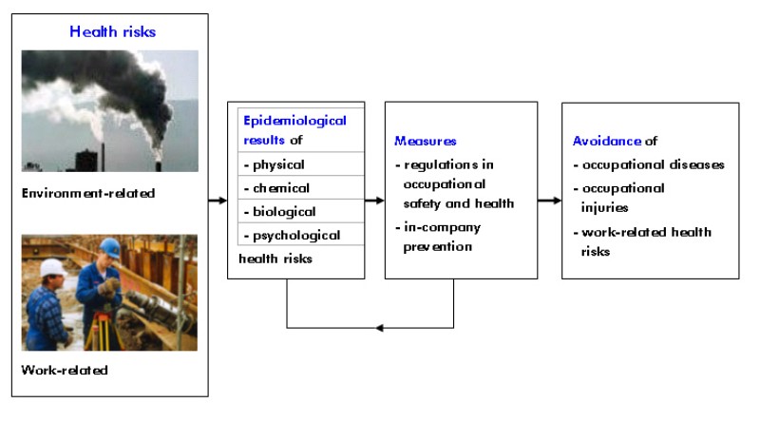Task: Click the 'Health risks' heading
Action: pos(112,31)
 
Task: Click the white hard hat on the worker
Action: pos(53,268)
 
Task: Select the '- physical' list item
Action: pos(275,164)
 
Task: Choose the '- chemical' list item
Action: pos(277,188)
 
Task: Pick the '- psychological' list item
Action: pos(292,235)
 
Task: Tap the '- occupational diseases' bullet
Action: pos(649,164)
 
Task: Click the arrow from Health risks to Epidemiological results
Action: pos(218,201)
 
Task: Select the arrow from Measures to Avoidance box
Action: pos(549,201)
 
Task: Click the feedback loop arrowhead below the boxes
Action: pos(380,328)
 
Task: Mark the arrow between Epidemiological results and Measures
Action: pos(374,201)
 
